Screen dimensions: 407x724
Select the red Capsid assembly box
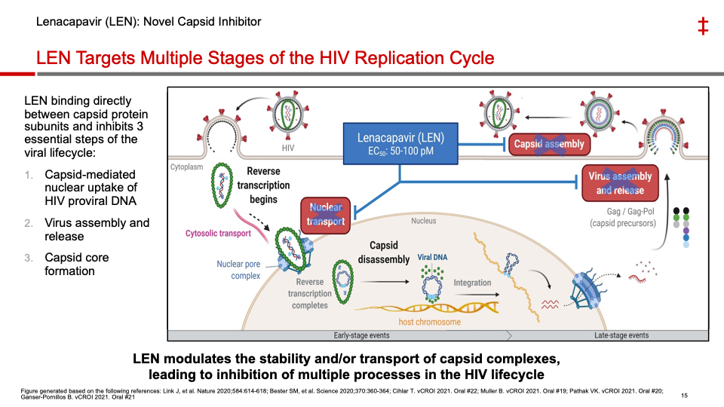tap(549, 144)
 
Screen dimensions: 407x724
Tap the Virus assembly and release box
tap(620, 183)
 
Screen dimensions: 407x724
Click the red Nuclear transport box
tap(326, 214)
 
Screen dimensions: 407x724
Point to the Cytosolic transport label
tap(218, 234)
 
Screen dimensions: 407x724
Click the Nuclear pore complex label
tap(238, 270)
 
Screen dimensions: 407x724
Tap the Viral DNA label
tap(432, 258)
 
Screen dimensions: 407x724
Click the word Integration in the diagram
tap(472, 283)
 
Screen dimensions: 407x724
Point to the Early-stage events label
tap(361, 335)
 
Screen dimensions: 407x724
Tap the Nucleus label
tap(423, 221)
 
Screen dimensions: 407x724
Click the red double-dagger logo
tap(702, 27)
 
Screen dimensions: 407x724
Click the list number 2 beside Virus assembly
tap(29, 223)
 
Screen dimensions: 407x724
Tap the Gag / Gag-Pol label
tap(623, 212)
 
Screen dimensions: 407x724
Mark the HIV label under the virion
tap(288, 148)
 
